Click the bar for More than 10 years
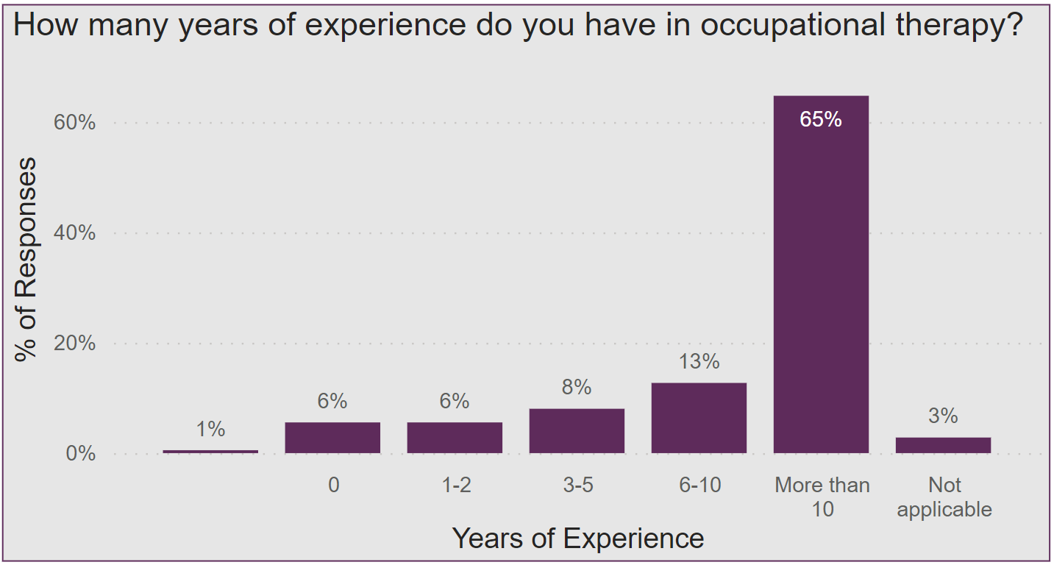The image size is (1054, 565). [821, 280]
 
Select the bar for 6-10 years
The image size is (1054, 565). [699, 418]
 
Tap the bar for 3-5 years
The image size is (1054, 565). [577, 431]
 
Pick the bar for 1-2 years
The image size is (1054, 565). [455, 438]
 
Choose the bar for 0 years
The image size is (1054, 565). [332, 438]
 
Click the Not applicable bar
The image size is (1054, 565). [943, 445]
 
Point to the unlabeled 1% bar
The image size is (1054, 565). [210, 451]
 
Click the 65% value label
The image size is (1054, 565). [821, 119]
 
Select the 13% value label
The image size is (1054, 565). [699, 361]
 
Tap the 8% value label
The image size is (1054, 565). [577, 387]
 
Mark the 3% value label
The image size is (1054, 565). [943, 416]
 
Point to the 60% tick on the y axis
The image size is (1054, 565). [75, 122]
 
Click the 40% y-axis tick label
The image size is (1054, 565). [75, 232]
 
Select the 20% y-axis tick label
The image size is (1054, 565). [75, 344]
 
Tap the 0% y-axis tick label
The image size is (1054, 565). [81, 453]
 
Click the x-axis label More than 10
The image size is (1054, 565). [822, 497]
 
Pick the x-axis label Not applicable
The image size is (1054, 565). [944, 497]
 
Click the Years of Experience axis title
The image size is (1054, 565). [577, 539]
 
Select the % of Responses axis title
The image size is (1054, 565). [26, 259]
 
